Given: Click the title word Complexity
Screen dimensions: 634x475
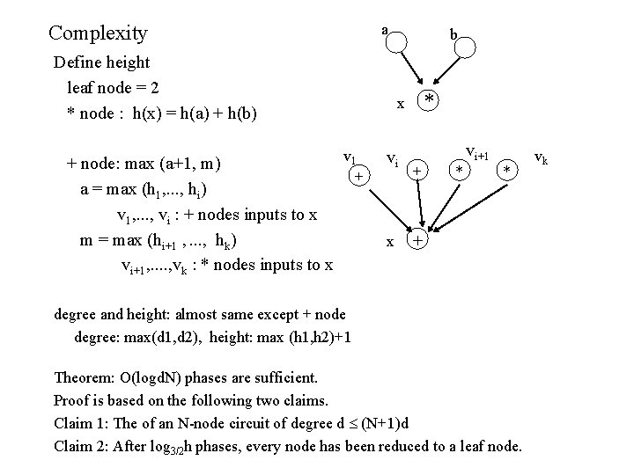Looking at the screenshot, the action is click(x=98, y=33).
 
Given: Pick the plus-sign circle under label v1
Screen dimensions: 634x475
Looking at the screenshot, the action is click(x=358, y=177).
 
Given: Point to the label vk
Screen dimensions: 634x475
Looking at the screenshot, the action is click(x=541, y=159).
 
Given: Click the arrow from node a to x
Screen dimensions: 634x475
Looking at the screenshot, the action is click(x=409, y=72).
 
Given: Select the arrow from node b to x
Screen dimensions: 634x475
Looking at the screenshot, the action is click(x=447, y=74).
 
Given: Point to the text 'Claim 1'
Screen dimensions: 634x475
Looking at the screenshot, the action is click(x=81, y=423).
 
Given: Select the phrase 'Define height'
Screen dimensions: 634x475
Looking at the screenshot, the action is click(x=102, y=62).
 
